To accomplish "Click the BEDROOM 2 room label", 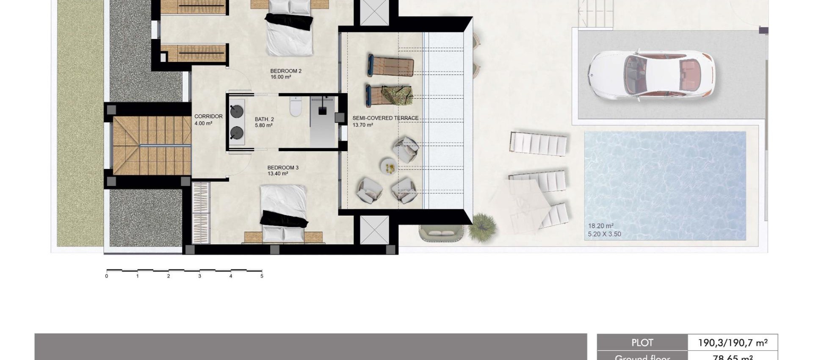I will [x=286, y=71].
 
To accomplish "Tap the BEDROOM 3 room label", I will [x=283, y=168].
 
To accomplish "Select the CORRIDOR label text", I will [x=208, y=116].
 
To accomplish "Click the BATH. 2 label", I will [x=264, y=120].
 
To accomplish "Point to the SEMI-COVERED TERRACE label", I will [x=385, y=119].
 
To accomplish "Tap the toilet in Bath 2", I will [x=296, y=106].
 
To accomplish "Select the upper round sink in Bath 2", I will [x=237, y=112].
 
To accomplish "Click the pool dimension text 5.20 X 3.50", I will [x=604, y=234].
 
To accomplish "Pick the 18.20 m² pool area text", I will [x=600, y=226].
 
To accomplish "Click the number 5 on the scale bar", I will [x=262, y=276].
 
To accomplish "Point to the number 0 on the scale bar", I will [x=107, y=276].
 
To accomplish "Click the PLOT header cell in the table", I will [x=642, y=343].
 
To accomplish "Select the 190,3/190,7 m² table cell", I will [x=733, y=343].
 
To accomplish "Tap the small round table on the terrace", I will [x=388, y=166].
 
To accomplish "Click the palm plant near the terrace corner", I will [x=483, y=227].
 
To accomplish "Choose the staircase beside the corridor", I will [x=151, y=145].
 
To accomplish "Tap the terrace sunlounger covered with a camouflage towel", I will [x=390, y=95].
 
